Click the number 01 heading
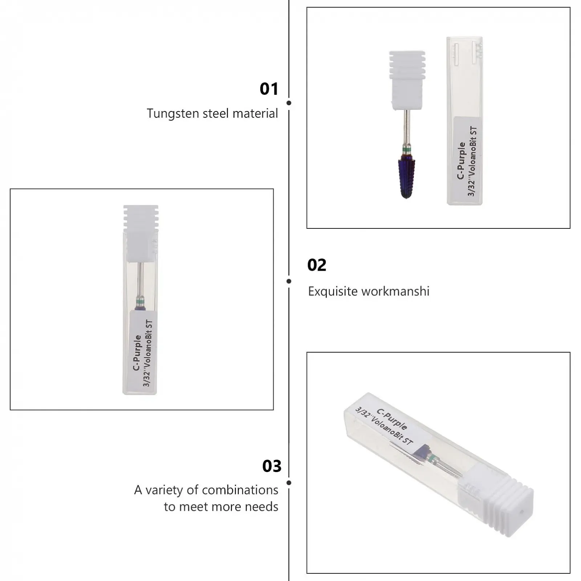coord(269,89)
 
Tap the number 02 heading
coord(317,265)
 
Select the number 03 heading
coord(272,466)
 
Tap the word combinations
coord(240,490)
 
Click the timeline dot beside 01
coord(289,103)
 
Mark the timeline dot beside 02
coord(289,281)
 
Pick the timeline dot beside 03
coord(289,483)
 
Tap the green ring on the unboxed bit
coord(407,149)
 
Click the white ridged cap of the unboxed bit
coord(407,80)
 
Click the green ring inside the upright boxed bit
coord(140,301)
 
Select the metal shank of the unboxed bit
coord(407,128)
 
